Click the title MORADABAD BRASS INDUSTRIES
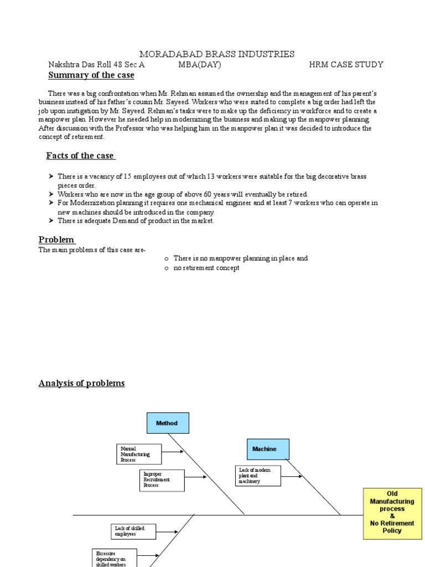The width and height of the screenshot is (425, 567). click(x=216, y=54)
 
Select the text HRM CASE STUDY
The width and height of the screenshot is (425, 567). click(x=346, y=65)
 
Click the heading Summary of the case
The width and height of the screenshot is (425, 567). click(x=91, y=75)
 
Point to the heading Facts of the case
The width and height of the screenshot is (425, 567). click(x=81, y=156)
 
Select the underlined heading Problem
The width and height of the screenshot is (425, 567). click(x=56, y=239)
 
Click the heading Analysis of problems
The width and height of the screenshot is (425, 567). click(x=82, y=383)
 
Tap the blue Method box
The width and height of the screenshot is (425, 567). click(x=168, y=423)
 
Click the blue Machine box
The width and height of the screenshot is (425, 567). click(x=268, y=449)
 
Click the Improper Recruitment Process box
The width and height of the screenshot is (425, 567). click(x=162, y=480)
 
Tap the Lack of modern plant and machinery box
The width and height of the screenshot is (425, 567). click(x=257, y=476)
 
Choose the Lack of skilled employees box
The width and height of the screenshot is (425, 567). click(x=133, y=531)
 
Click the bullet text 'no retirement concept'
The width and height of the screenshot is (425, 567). click(x=206, y=268)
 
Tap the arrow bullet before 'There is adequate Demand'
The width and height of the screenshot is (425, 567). click(x=50, y=221)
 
